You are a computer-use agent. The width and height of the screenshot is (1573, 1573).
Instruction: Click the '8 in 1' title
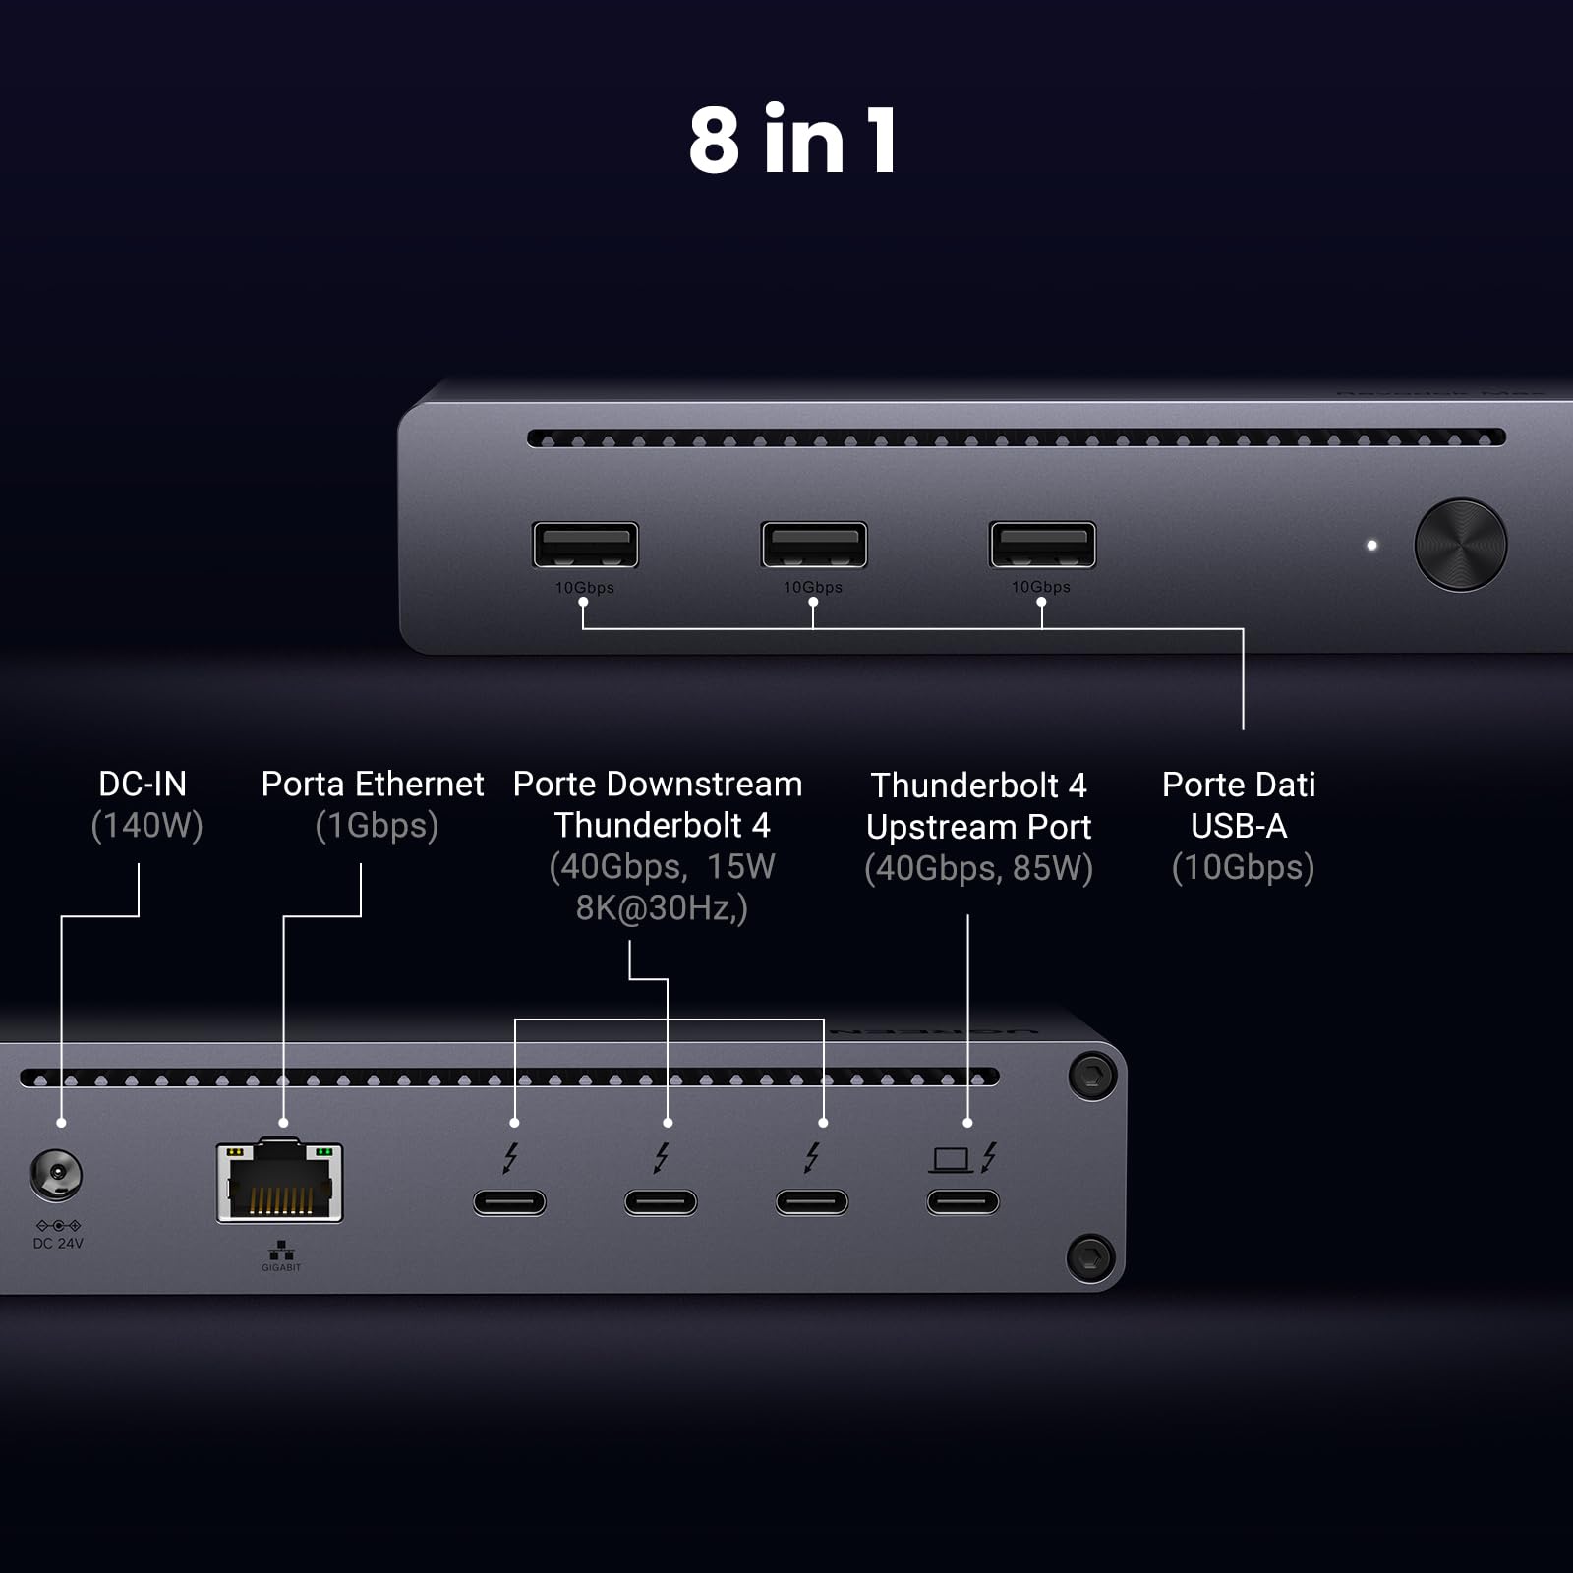[792, 141]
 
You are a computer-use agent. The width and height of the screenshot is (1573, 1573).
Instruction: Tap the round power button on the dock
[1460, 545]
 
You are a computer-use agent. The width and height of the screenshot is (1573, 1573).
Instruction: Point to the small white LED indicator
[1371, 545]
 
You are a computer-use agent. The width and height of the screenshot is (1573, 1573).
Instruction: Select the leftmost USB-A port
[585, 545]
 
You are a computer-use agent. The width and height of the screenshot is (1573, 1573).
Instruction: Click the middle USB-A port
[813, 545]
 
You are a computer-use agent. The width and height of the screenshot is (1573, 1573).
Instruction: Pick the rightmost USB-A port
[1041, 545]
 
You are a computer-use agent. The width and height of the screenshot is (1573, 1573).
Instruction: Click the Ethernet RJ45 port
[280, 1182]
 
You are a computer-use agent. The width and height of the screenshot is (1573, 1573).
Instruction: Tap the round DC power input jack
[56, 1175]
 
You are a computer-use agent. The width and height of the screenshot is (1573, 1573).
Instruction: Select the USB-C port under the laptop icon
[962, 1201]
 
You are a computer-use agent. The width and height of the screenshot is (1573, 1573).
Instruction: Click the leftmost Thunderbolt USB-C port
[509, 1201]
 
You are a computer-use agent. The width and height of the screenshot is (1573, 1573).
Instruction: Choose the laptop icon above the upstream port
[951, 1160]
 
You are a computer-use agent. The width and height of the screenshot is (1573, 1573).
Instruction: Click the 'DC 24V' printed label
[58, 1244]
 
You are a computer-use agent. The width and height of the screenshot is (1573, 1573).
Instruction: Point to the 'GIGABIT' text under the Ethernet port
[281, 1268]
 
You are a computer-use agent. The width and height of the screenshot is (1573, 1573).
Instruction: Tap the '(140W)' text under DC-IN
[146, 826]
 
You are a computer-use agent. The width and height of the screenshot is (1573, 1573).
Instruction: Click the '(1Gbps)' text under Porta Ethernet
[377, 826]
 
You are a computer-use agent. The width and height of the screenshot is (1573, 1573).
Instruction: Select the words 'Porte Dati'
[1238, 785]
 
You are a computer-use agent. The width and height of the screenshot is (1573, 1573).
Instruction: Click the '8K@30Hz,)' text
[662, 908]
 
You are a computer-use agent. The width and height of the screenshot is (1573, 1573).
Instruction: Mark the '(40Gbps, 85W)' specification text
[978, 868]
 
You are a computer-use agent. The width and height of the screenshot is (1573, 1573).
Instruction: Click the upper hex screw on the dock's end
[1091, 1075]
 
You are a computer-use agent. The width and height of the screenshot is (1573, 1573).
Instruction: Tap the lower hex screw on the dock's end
[1091, 1256]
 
